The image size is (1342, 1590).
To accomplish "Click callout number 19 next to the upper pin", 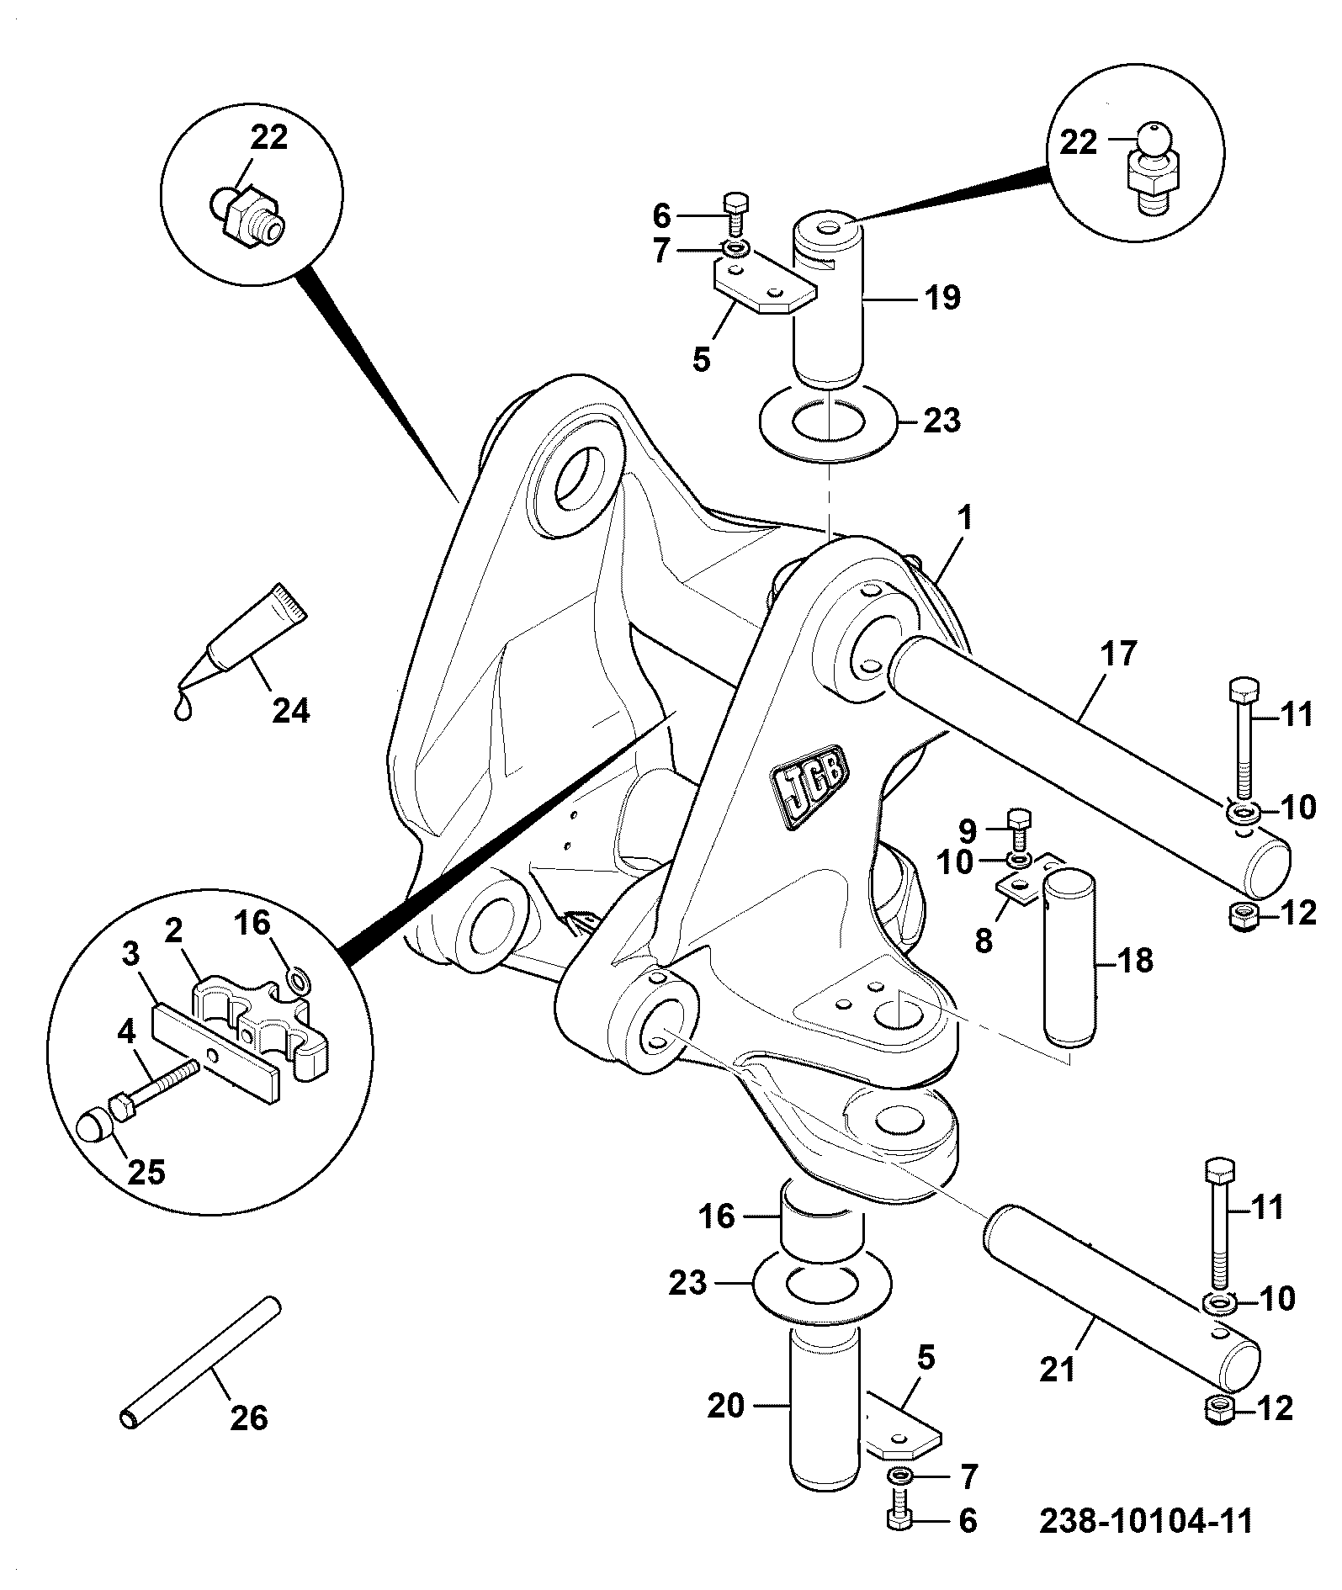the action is pos(942,297).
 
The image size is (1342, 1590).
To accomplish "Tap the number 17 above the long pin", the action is pos(1119,653).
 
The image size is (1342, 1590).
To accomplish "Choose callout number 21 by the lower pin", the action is pos(1058,1370).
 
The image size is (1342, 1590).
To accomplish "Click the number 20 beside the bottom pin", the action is pos(726,1406).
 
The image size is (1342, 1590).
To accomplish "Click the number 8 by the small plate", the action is pos(984,940).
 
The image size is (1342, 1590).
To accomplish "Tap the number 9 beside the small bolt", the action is pos(968,832).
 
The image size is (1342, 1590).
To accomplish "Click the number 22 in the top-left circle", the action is pos(268,137).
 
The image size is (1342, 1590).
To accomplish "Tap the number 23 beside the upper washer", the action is pos(942,420).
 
